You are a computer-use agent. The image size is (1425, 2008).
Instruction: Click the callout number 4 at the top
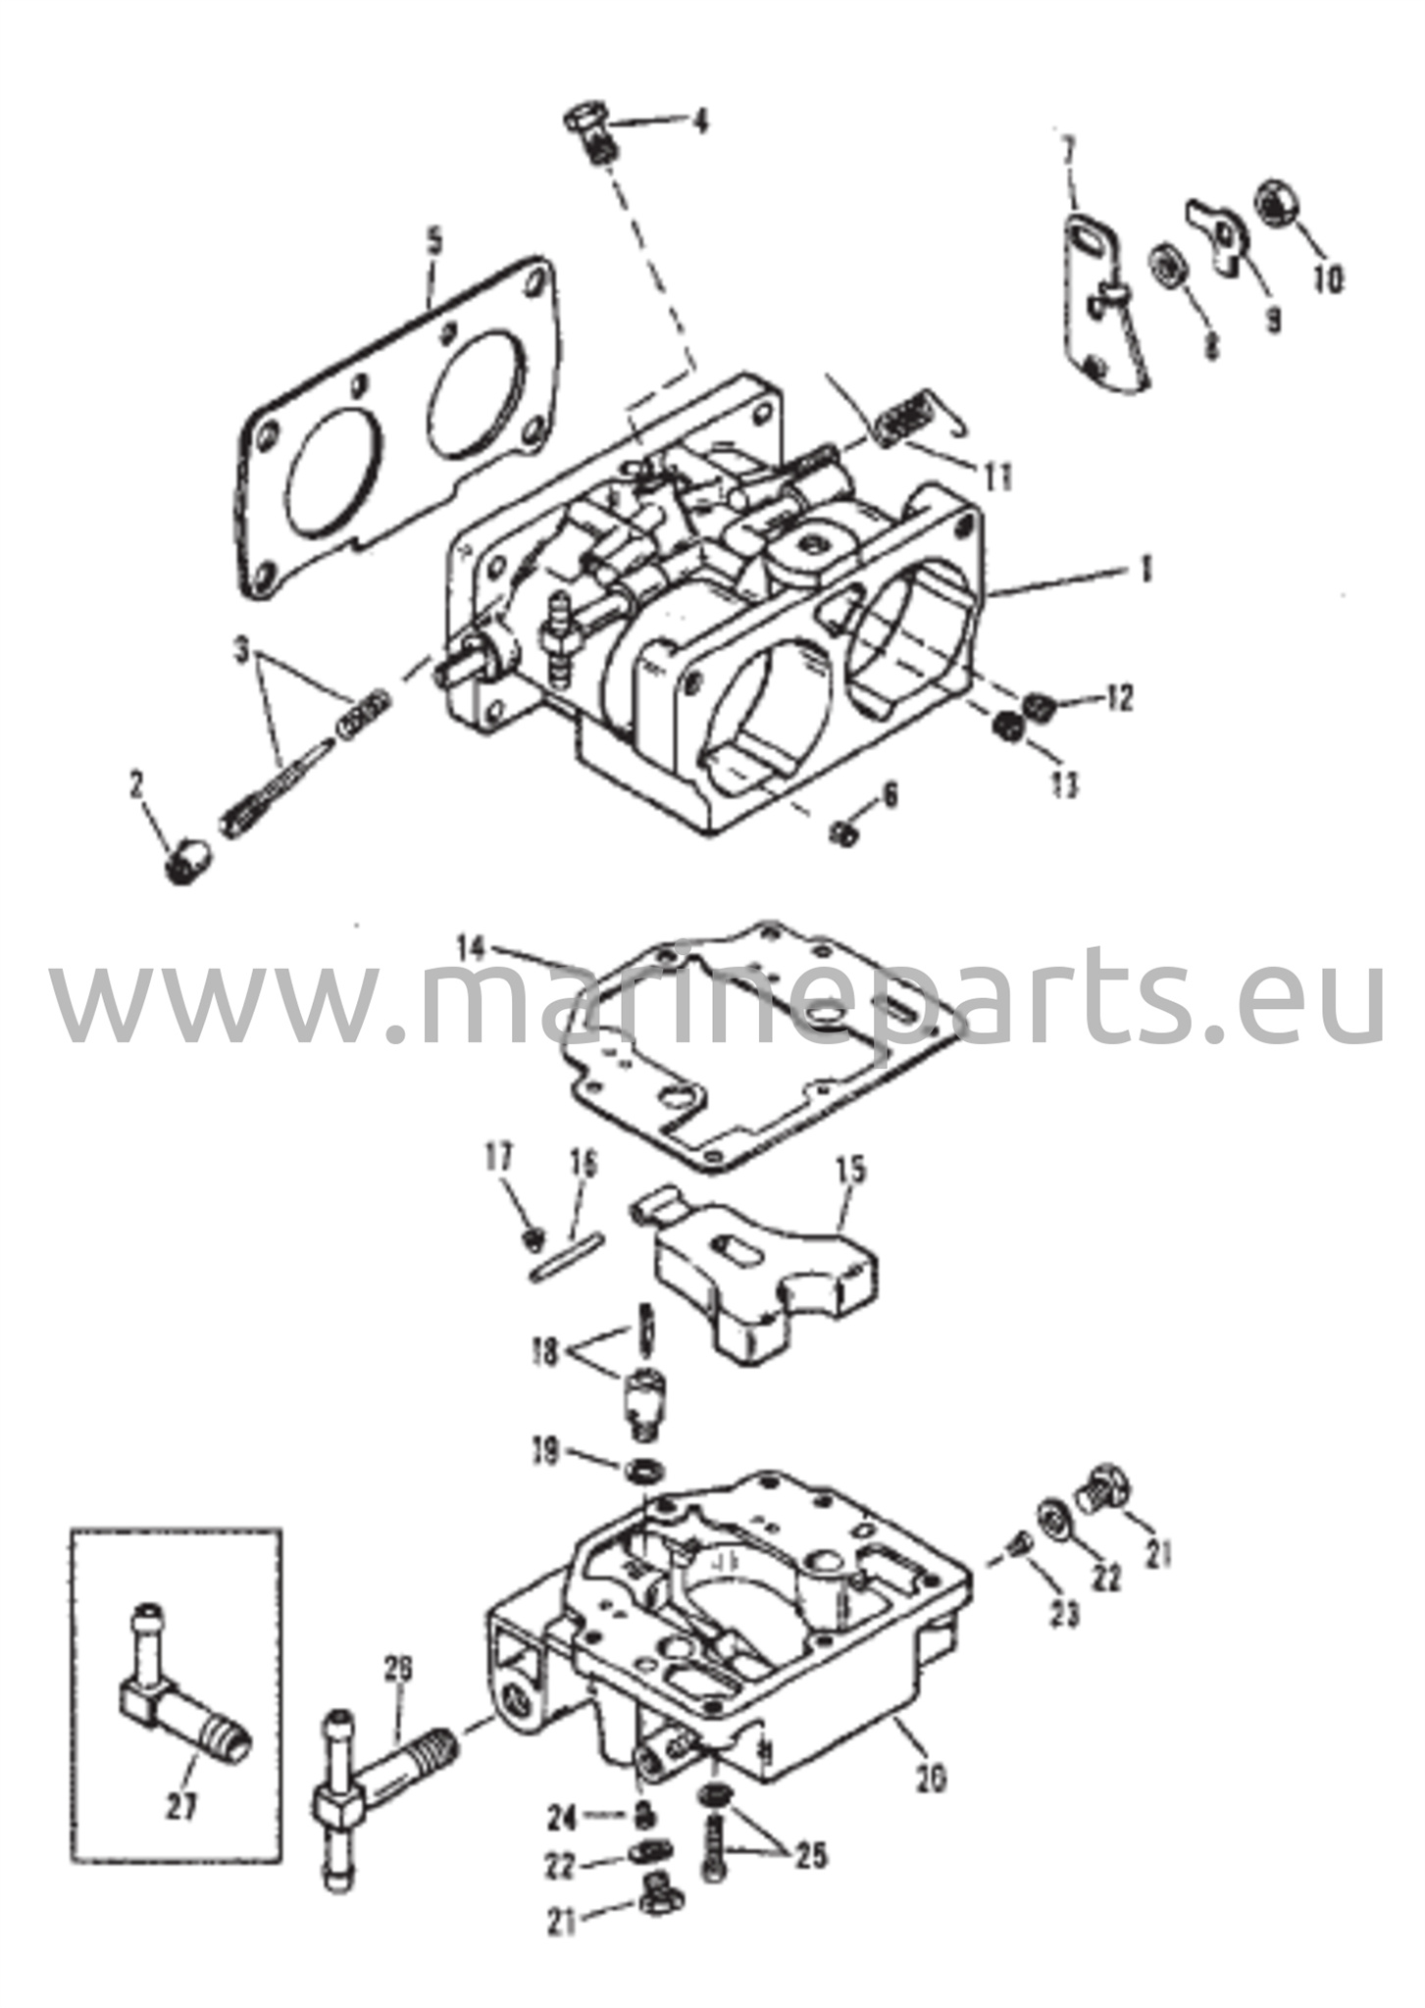[x=699, y=123]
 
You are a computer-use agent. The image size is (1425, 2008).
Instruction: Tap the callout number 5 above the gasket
[x=433, y=239]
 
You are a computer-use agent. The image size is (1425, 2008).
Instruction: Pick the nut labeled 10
[x=1276, y=204]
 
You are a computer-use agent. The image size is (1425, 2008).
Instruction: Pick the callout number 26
[x=398, y=1668]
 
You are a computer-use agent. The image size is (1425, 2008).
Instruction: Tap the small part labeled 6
[x=843, y=833]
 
